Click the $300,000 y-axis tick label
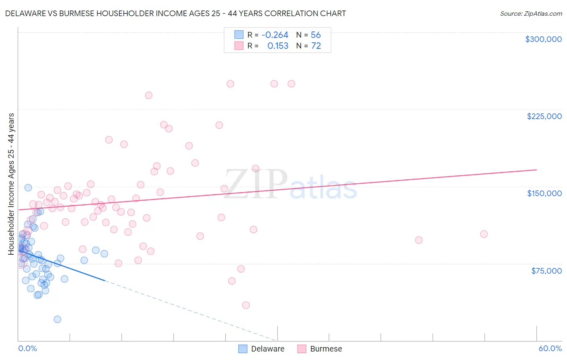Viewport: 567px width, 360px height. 543,39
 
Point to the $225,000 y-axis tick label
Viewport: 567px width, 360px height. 544,116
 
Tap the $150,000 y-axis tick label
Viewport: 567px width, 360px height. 544,193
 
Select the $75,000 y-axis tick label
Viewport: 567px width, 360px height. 546,271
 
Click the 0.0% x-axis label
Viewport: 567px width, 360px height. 27,348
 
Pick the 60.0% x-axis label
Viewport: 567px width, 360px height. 550,348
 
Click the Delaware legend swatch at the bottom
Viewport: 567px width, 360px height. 243,349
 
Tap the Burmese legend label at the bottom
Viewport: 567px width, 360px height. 326,349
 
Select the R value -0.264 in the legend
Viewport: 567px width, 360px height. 275,35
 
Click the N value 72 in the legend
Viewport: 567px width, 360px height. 316,46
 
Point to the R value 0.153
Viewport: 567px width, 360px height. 278,46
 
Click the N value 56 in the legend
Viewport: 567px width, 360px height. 316,35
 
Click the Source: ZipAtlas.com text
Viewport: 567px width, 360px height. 531,14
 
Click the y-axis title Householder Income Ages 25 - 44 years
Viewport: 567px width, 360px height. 11,184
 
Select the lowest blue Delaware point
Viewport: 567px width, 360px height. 57,319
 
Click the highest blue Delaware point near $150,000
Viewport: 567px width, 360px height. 28,188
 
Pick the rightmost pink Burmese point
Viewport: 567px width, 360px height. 484,234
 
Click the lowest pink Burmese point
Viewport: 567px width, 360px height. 246,305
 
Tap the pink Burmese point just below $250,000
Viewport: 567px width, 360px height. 149,95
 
